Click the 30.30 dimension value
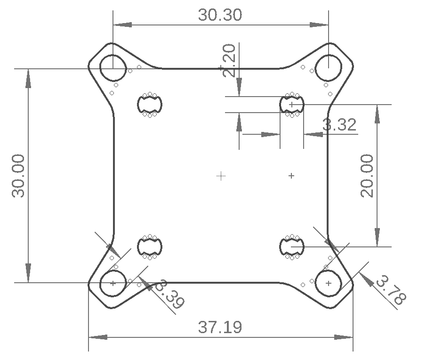coord(220,15)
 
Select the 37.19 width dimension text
coord(220,327)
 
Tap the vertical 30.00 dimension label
coord(19,175)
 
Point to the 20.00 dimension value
coord(367,175)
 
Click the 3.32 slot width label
coord(339,125)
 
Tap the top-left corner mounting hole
coord(113,68)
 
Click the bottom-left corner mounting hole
coord(113,283)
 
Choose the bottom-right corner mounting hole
coord(328,283)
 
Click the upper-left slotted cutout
coord(150,104)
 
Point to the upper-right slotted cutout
coord(292,104)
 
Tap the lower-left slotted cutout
coord(150,246)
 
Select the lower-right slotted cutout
coord(292,246)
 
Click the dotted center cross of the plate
coord(221,176)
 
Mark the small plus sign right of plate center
coord(291,176)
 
